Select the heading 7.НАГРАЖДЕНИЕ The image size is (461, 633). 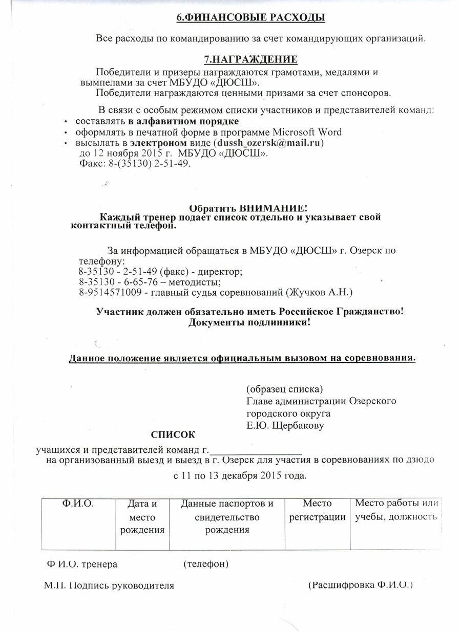point(251,59)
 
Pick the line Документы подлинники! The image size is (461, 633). point(250,323)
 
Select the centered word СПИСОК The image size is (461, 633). point(173,435)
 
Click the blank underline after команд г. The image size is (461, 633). point(256,451)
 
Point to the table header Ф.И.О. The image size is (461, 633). point(77,504)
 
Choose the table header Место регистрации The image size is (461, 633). point(318,510)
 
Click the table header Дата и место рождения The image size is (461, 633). point(142,517)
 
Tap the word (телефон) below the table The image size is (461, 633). point(205,564)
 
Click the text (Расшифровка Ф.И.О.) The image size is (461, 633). point(361,584)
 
